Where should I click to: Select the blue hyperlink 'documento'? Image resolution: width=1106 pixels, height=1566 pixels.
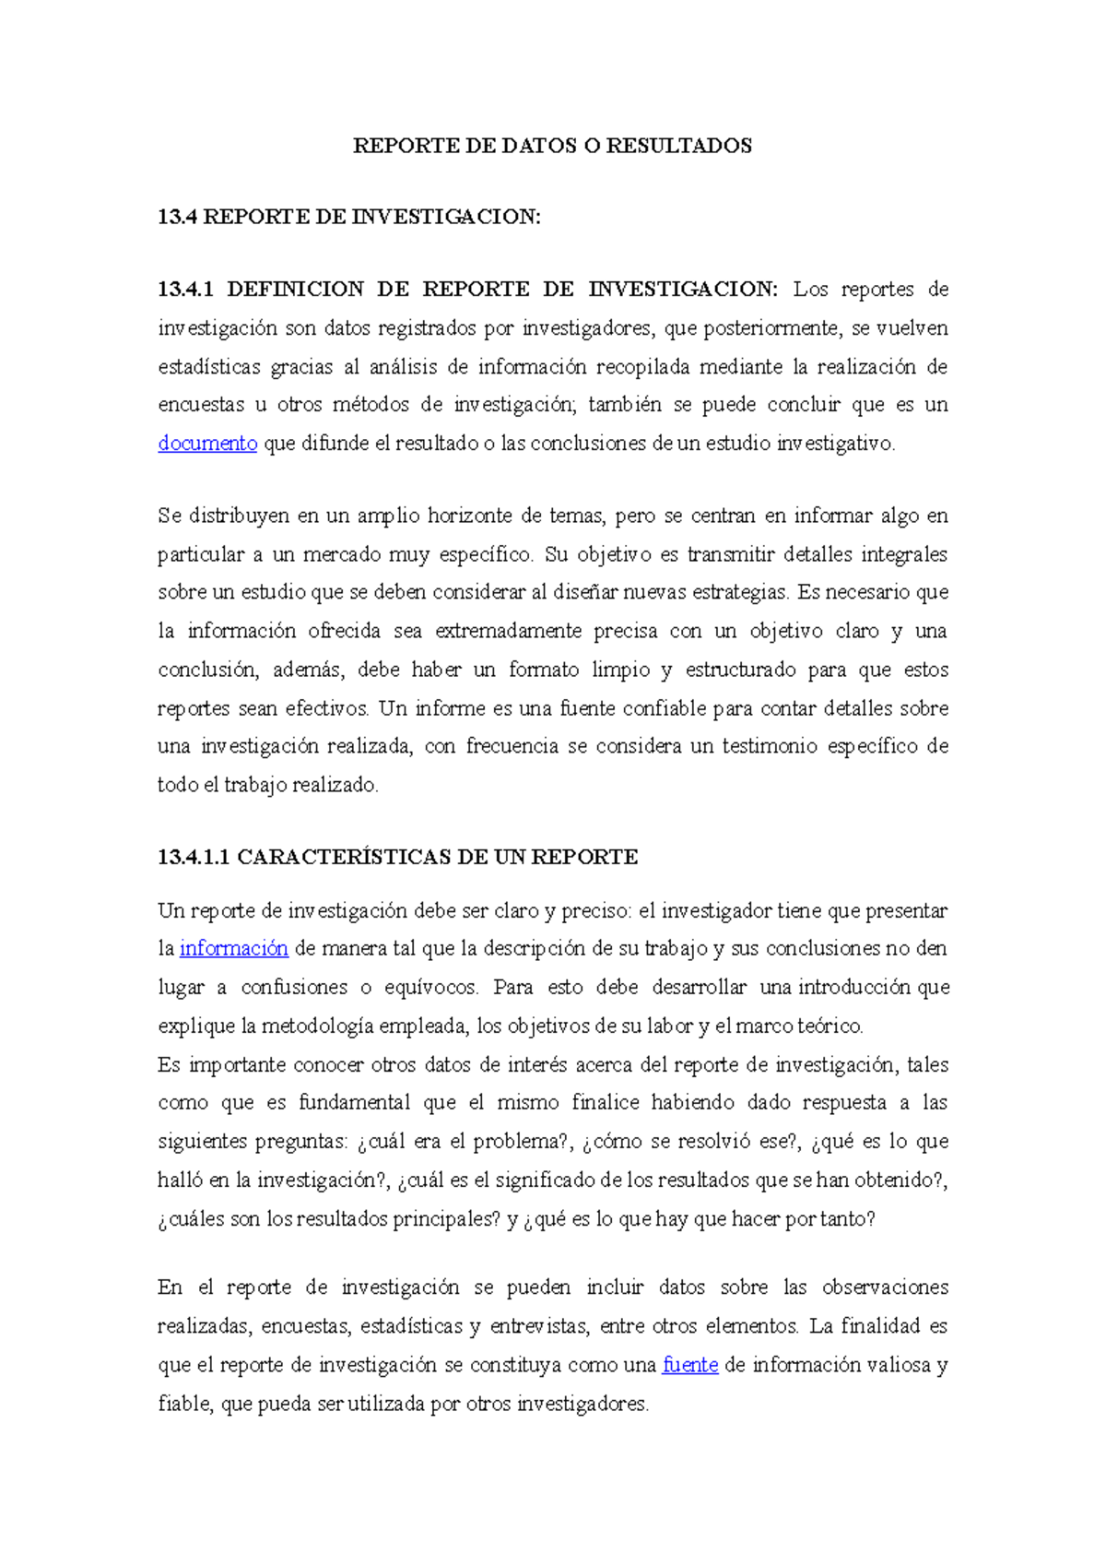tap(207, 444)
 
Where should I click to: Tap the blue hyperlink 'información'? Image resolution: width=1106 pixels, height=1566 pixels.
tap(233, 949)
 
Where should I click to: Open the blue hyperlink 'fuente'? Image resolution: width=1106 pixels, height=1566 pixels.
tap(690, 1365)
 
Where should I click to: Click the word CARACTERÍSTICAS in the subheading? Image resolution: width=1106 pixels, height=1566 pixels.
tap(344, 858)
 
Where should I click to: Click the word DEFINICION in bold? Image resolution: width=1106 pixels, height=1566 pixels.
tap(294, 290)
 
